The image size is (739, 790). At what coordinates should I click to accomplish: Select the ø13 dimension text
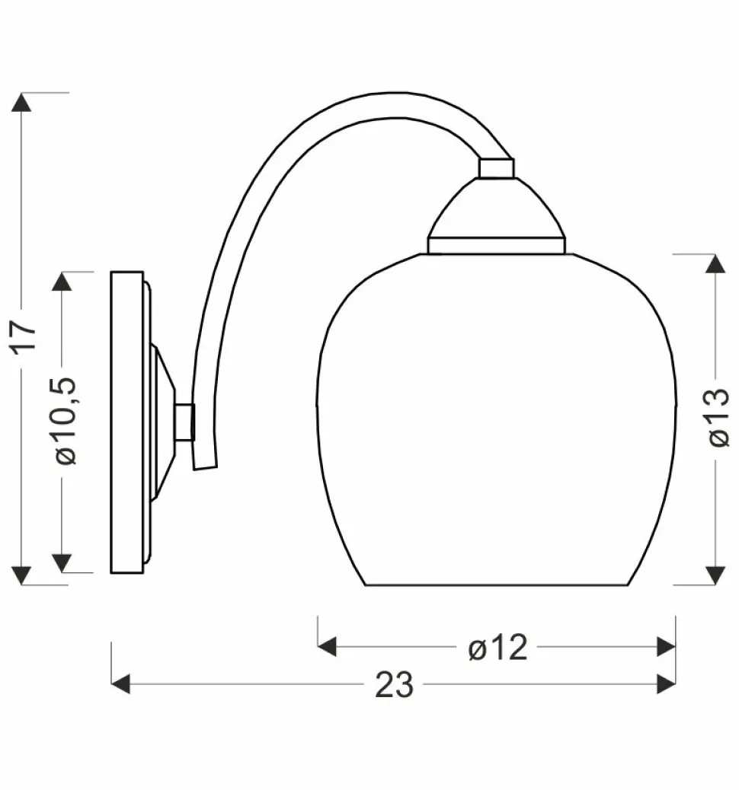718,417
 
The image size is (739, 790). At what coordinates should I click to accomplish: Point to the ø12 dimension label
497,648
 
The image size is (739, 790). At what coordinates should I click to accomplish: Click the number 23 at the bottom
394,686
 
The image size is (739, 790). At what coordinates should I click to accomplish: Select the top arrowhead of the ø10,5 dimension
62,282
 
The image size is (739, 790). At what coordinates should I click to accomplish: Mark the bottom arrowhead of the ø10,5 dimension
62,562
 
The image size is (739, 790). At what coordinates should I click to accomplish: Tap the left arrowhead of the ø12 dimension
327,647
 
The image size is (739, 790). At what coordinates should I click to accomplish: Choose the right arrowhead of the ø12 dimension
666,647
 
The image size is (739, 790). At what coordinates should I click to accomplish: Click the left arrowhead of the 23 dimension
121,683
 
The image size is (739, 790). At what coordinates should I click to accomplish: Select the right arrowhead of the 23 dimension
666,683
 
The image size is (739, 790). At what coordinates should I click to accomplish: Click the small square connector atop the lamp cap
496,168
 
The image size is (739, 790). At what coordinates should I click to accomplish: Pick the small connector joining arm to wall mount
183,422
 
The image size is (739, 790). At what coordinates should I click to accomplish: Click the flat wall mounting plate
126,422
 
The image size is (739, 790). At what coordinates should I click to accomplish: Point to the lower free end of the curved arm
205,460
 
